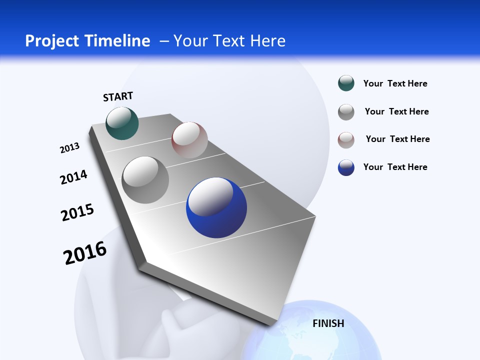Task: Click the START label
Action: pyautogui.click(x=118, y=96)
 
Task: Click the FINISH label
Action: pyautogui.click(x=328, y=323)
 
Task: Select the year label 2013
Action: pyautogui.click(x=69, y=148)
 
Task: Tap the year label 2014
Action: pyautogui.click(x=73, y=177)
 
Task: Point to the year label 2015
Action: pyautogui.click(x=77, y=212)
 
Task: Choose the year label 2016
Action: pyautogui.click(x=85, y=253)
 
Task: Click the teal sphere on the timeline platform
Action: pyautogui.click(x=122, y=123)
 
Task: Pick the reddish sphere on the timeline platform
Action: pyautogui.click(x=189, y=140)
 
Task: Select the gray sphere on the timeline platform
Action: pyautogui.click(x=145, y=180)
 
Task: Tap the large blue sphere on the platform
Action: pyautogui.click(x=216, y=207)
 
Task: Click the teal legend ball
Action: pyautogui.click(x=346, y=83)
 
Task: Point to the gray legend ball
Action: pyautogui.click(x=346, y=112)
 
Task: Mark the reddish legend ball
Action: pyautogui.click(x=346, y=140)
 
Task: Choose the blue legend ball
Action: pyautogui.click(x=346, y=167)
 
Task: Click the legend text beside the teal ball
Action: pyautogui.click(x=395, y=83)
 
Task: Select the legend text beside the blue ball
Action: pyautogui.click(x=395, y=167)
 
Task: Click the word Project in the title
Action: pyautogui.click(x=51, y=41)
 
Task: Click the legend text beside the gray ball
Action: pyautogui.click(x=396, y=111)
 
